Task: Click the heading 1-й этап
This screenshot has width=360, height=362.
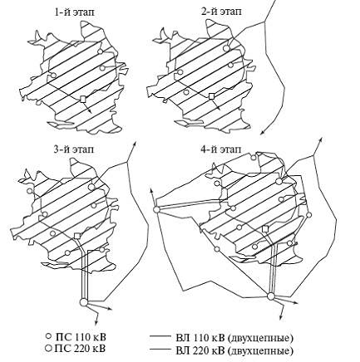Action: coord(74,12)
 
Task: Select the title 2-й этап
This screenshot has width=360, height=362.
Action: coord(221,12)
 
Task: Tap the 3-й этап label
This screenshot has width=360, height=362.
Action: coord(74,149)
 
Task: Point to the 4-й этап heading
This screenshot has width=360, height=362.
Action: coord(221,149)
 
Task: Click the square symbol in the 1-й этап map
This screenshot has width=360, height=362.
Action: coord(82,99)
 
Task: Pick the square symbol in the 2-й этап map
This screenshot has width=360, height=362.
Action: coord(212,96)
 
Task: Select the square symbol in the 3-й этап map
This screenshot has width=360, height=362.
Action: coord(77,236)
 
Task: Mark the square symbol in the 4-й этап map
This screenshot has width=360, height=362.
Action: coord(265,228)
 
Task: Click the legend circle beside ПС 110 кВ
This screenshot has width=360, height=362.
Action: coord(49,336)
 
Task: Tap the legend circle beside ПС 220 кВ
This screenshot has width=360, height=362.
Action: coord(49,348)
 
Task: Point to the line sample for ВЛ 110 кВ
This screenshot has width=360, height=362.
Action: coord(160,337)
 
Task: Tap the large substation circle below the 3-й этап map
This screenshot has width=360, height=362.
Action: coord(83,302)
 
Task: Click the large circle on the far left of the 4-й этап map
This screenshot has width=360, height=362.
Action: coord(156,209)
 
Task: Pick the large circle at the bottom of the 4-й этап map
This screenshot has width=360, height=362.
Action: coord(271,296)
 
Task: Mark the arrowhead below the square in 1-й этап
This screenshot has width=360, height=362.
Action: coord(90,111)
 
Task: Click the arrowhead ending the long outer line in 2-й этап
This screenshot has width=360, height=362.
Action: coord(261,132)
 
